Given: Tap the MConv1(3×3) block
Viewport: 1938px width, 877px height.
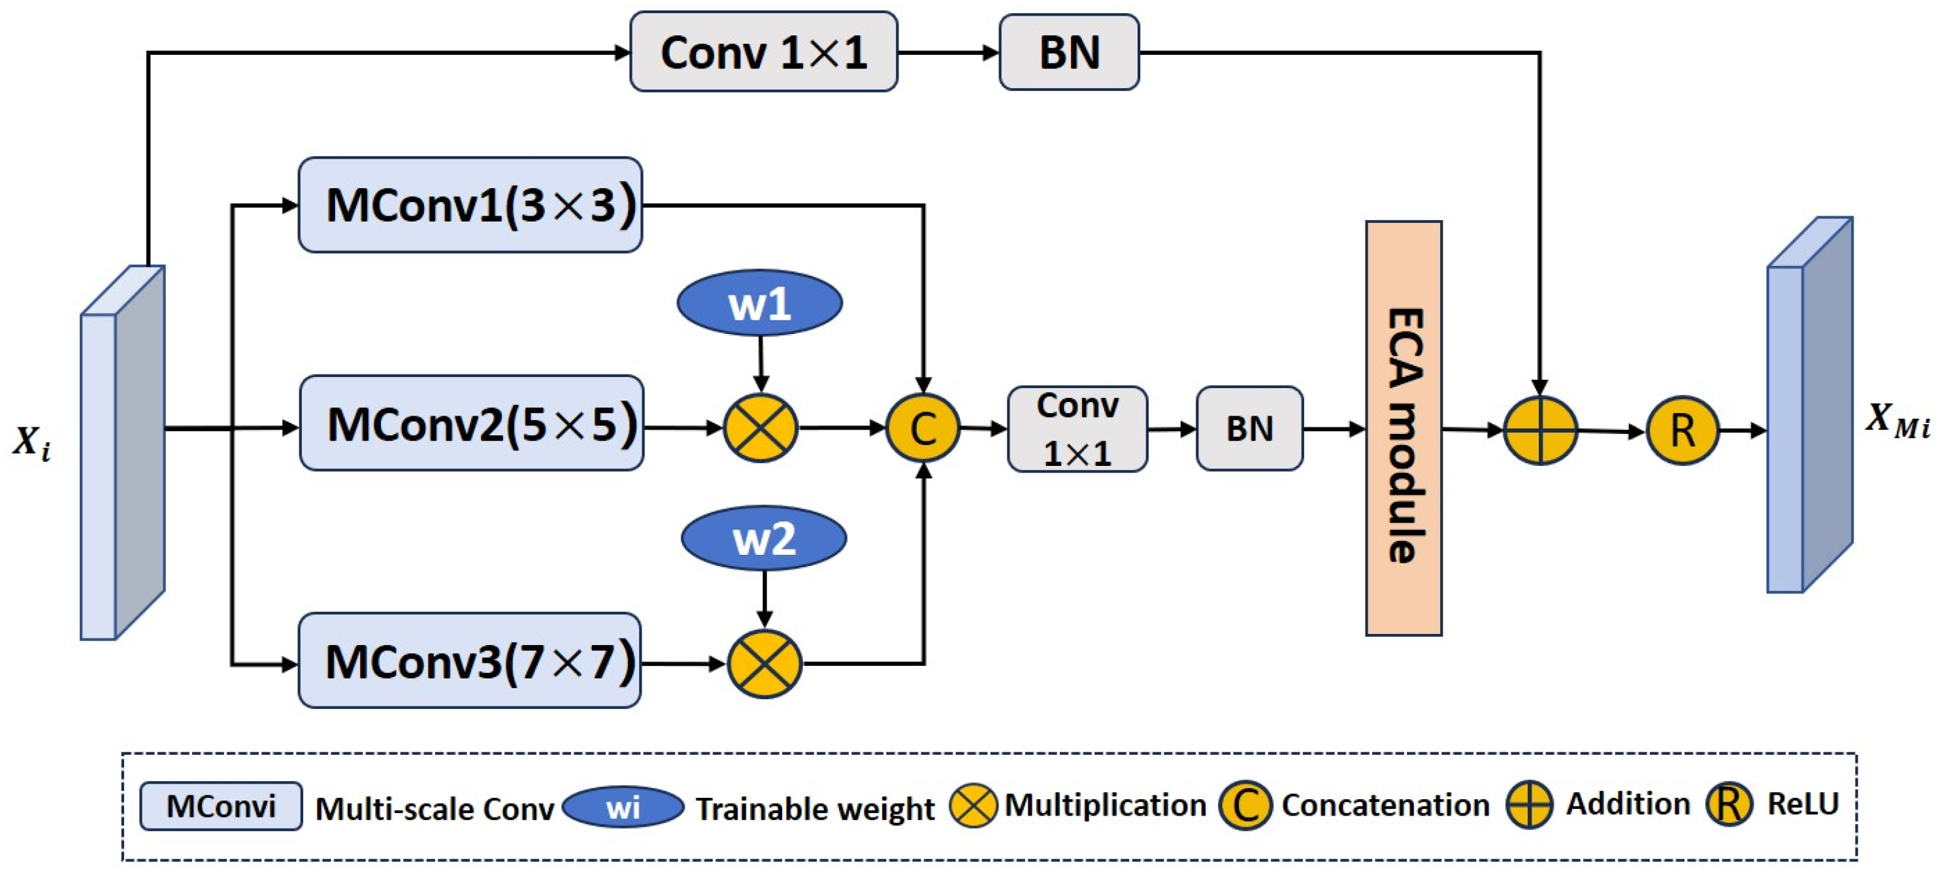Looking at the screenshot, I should [x=470, y=205].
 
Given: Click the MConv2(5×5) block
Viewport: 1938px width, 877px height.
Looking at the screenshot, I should [x=472, y=423].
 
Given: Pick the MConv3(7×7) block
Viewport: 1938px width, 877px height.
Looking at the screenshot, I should [x=470, y=661].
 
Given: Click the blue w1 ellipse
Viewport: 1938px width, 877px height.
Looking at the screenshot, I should [x=759, y=303].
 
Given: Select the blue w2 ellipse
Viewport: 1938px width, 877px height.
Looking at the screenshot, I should [x=764, y=538].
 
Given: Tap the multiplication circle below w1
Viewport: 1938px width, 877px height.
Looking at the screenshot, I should [x=760, y=428].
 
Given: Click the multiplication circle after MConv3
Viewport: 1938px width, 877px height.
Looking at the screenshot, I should [x=764, y=664].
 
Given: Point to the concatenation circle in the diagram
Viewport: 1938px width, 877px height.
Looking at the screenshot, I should [x=923, y=428].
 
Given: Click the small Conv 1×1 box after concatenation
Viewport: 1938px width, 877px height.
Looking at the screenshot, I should [x=1077, y=429].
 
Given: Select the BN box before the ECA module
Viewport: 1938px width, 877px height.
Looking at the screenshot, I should [x=1249, y=429].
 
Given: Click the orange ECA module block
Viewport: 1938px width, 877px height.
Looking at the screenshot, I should [x=1404, y=429].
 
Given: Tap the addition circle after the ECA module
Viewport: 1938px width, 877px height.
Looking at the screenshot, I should [x=1540, y=430].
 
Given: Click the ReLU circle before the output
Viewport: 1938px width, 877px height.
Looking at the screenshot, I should [x=1683, y=431].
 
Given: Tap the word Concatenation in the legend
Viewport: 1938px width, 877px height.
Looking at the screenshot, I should [x=1385, y=805].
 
